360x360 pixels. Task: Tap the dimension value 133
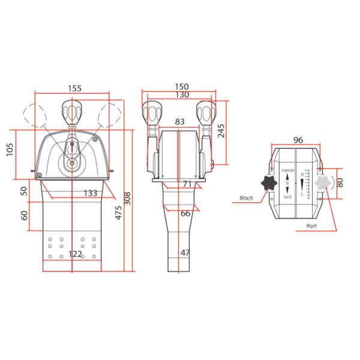click(x=91, y=193)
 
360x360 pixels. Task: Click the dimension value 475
click(x=119, y=212)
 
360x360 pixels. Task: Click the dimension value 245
click(x=223, y=131)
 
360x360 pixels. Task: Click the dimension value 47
click(x=185, y=253)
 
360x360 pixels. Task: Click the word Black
click(x=247, y=197)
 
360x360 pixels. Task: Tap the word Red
click(x=311, y=226)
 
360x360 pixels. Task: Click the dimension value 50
click(x=24, y=191)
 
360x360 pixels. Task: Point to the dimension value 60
click(x=24, y=214)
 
